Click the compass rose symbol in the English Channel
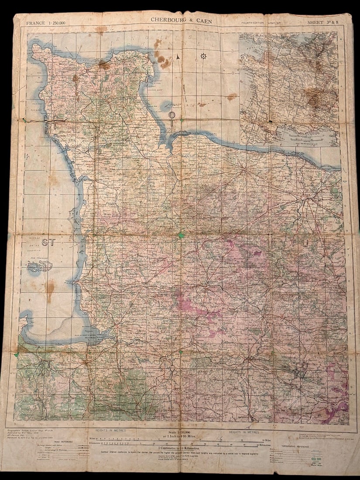[203, 56]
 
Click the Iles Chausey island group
[39, 265]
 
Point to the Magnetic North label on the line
[184, 92]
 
